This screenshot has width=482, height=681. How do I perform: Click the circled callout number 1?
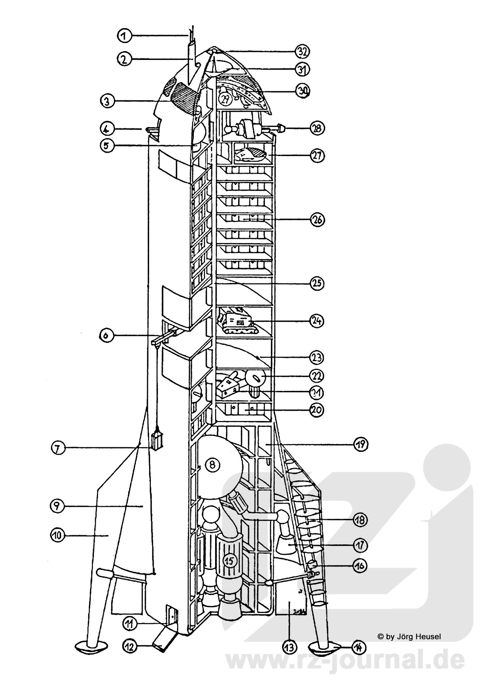coord(124,35)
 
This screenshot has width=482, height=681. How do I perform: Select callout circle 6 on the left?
coord(106,336)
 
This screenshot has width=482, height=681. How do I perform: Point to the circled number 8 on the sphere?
coord(212,465)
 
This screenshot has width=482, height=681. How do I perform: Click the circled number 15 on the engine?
coord(230,561)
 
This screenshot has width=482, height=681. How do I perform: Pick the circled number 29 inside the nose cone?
coord(225,99)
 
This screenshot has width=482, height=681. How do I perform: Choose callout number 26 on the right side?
coord(317,220)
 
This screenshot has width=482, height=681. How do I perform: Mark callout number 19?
coord(361,444)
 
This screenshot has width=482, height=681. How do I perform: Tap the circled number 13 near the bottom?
coord(289,648)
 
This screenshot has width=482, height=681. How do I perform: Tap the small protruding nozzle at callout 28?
coord(281,128)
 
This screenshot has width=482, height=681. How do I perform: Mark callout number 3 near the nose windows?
coord(107,101)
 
